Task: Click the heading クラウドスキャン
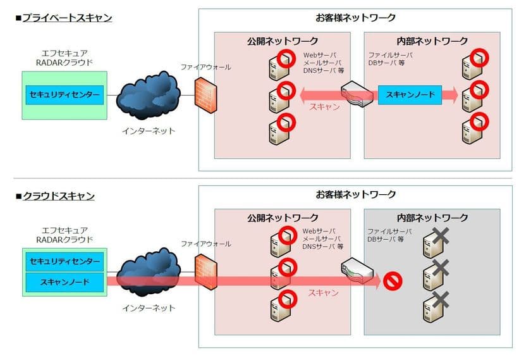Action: tap(58, 196)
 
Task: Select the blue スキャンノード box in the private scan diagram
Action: tap(410, 96)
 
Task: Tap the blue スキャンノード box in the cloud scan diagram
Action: tap(64, 280)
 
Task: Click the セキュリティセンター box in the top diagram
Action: tap(64, 96)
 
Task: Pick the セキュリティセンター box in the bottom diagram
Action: tap(64, 261)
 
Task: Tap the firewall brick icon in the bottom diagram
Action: tap(202, 272)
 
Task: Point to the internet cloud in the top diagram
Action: tap(149, 92)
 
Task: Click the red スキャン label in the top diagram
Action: tap(324, 107)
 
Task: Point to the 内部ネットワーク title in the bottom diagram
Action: tap(432, 218)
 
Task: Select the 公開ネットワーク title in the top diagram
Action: tap(282, 41)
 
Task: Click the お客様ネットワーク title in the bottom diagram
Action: tap(355, 194)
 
